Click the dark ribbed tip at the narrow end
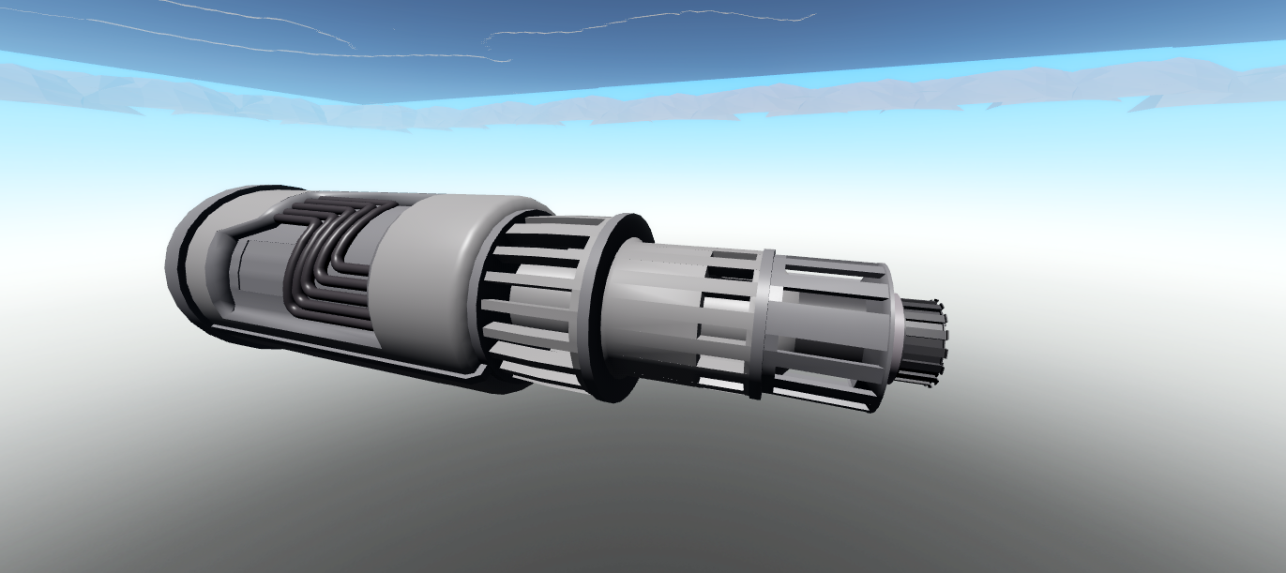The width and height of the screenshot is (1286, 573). tap(929, 341)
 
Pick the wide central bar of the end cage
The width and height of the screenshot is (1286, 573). tap(825, 328)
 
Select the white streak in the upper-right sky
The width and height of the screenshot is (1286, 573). tap(657, 19)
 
